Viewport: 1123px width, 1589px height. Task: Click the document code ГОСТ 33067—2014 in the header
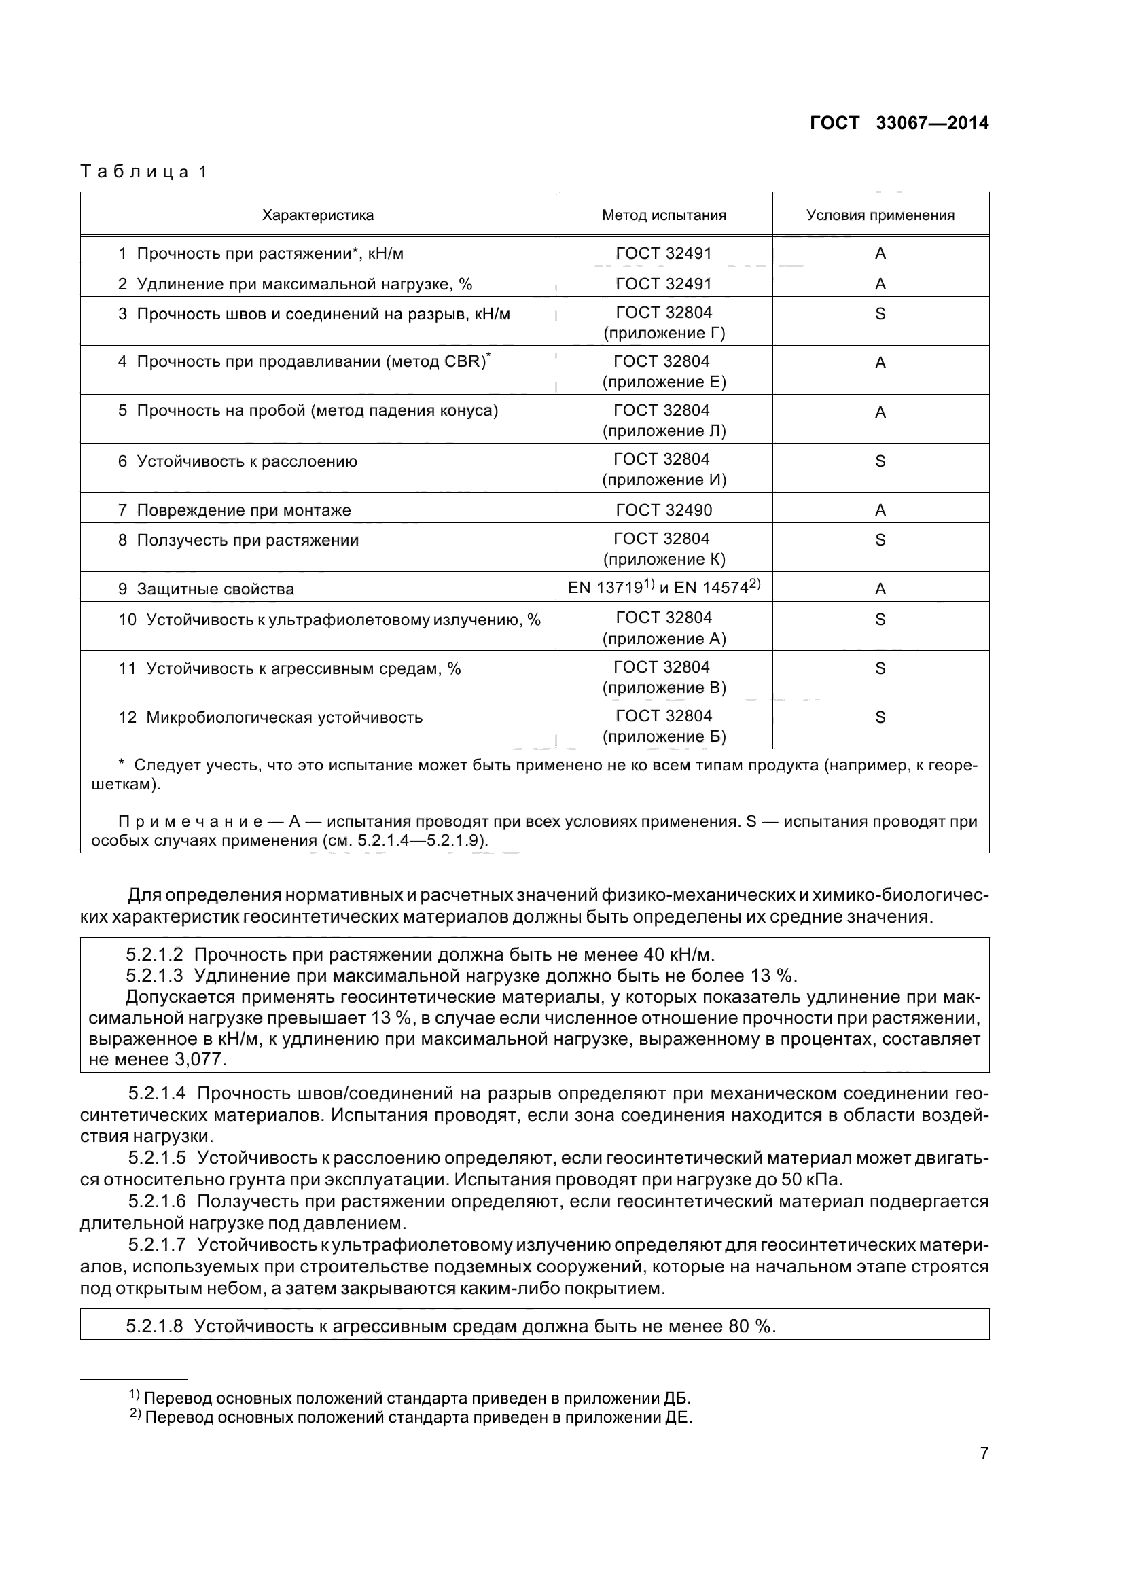point(899,123)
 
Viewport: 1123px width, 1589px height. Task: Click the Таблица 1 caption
point(144,172)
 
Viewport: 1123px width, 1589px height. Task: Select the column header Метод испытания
point(664,215)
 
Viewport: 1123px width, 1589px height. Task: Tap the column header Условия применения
point(880,215)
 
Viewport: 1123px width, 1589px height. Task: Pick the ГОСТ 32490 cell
point(664,510)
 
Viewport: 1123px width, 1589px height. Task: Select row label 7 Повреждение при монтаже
point(235,511)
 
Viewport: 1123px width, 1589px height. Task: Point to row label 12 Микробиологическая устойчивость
point(270,717)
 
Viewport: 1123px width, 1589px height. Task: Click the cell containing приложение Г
point(664,334)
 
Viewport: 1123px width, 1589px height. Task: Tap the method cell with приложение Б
point(664,737)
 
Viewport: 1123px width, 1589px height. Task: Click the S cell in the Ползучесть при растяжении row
point(880,540)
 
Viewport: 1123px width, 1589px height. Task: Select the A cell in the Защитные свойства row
point(880,589)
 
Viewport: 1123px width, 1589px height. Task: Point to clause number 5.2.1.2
point(154,955)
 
